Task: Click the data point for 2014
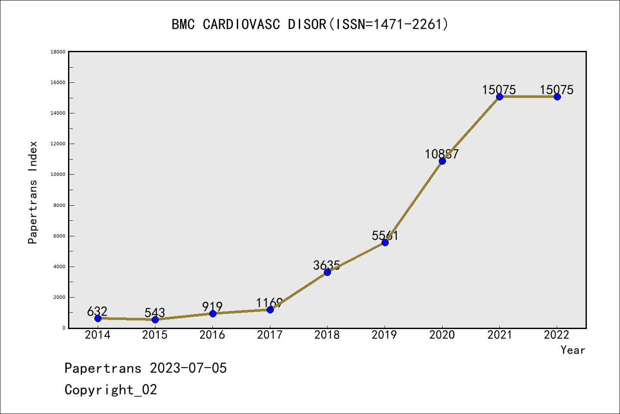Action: (x=98, y=318)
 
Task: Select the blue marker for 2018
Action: (x=327, y=272)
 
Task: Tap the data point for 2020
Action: (x=442, y=161)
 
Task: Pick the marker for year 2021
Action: (x=499, y=97)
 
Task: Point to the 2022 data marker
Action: (x=557, y=97)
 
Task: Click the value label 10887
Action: (x=442, y=154)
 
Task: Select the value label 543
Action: (x=155, y=312)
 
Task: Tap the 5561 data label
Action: (x=385, y=235)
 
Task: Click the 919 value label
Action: (x=212, y=307)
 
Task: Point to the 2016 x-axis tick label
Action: (x=212, y=335)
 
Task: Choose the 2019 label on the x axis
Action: (x=384, y=335)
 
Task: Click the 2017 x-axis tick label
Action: (x=270, y=335)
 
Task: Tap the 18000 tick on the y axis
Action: (x=58, y=52)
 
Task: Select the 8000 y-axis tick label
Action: (x=59, y=205)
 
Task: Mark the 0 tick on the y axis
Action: (x=64, y=328)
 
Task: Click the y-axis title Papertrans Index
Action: (x=33, y=192)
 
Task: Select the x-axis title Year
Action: (x=573, y=350)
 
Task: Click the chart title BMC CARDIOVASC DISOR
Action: (x=310, y=24)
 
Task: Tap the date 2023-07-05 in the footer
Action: (x=188, y=368)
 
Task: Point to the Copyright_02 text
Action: (x=111, y=389)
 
